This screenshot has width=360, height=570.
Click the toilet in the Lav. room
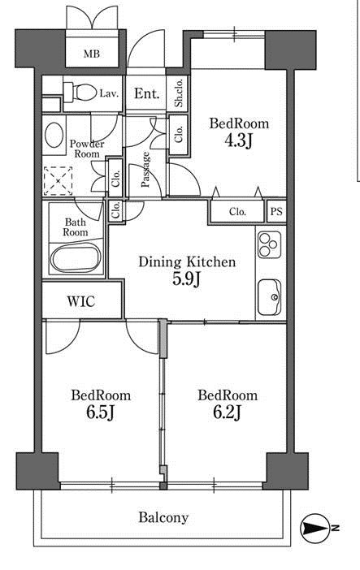(x=78, y=93)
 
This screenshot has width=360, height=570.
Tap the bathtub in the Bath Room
(x=76, y=257)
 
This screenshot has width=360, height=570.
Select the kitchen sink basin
(x=269, y=297)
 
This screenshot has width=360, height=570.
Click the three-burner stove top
(x=269, y=244)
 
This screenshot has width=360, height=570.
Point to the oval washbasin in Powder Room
(x=54, y=135)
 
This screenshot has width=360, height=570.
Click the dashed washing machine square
(x=58, y=181)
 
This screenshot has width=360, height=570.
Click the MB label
(x=92, y=54)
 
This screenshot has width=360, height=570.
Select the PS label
(x=276, y=211)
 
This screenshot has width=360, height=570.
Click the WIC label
(x=81, y=301)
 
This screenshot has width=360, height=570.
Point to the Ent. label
(x=147, y=94)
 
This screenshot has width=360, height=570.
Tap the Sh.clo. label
(x=179, y=93)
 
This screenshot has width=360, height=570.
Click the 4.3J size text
(x=238, y=141)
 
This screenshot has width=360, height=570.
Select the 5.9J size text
(x=186, y=279)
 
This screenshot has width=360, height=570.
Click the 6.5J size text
(x=101, y=412)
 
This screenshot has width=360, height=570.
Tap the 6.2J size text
(x=228, y=412)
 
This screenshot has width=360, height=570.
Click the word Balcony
(x=163, y=518)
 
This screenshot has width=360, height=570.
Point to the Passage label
(x=145, y=170)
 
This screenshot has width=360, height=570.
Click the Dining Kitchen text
(x=187, y=261)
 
